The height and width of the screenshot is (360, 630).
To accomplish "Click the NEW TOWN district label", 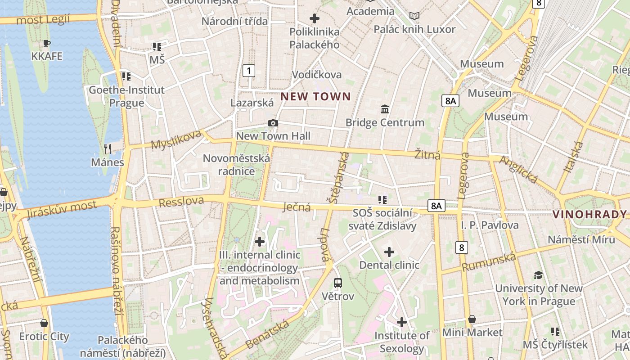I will (x=315, y=96).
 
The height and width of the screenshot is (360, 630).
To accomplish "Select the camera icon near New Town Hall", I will (x=273, y=123).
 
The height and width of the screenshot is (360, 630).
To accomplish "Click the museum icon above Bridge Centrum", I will (x=385, y=109).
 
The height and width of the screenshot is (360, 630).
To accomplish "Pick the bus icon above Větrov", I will (x=338, y=283).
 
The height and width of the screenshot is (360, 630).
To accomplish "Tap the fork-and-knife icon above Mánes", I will (x=107, y=148).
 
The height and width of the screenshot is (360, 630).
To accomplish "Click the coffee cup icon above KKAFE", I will (x=46, y=43).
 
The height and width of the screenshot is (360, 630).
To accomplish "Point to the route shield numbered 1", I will (x=248, y=70).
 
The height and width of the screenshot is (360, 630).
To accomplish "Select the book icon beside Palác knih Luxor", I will (x=414, y=16).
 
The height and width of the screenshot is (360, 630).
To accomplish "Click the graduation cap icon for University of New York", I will (x=538, y=275).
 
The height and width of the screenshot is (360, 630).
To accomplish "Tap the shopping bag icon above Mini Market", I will (x=472, y=319).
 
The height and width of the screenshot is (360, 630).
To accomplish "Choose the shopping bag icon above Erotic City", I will (x=44, y=323).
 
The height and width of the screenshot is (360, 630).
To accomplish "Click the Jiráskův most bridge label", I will (x=61, y=209).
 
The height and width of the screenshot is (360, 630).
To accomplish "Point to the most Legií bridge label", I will (x=43, y=20).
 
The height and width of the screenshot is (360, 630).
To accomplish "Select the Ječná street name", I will (x=297, y=207).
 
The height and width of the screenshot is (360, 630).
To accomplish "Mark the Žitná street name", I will (x=427, y=155).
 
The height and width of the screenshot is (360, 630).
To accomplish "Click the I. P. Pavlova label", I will (x=490, y=225).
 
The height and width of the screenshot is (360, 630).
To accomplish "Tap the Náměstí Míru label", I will (x=581, y=239).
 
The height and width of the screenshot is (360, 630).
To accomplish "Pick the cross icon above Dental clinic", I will (x=389, y=252).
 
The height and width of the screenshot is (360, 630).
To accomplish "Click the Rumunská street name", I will (x=489, y=262).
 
